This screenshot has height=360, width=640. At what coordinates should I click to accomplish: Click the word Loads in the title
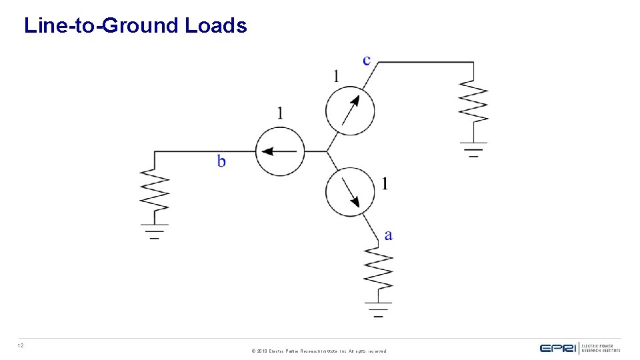[x=216, y=26]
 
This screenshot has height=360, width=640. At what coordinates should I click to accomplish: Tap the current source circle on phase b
[x=280, y=151]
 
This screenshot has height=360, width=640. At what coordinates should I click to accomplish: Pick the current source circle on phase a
[x=350, y=192]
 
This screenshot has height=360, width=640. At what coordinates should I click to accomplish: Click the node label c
[x=367, y=60]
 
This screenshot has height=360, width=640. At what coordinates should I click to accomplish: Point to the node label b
[x=221, y=161]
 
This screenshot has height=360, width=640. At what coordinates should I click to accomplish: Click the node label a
[x=388, y=235]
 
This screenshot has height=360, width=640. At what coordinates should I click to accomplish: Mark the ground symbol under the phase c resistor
[x=473, y=149]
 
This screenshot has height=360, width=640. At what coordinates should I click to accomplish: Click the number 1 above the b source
[x=280, y=113]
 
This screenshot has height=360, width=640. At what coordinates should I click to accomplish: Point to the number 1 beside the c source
[x=336, y=76]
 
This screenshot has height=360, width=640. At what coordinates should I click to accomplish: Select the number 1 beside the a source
[x=384, y=183]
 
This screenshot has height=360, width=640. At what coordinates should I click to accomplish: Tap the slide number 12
[x=21, y=345]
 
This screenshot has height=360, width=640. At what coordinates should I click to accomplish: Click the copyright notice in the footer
[x=319, y=351]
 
